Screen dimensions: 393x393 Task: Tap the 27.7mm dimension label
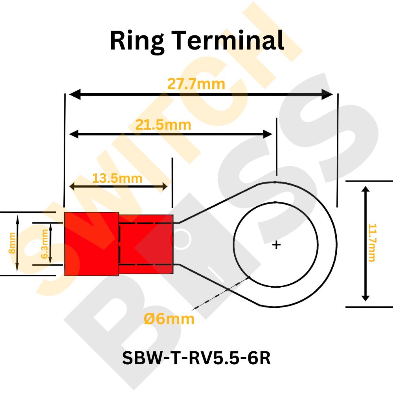click(x=196, y=84)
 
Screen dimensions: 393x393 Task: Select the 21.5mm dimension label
click(x=163, y=125)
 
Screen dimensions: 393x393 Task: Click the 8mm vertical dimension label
click(x=12, y=243)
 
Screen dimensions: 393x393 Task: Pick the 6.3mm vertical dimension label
click(x=44, y=244)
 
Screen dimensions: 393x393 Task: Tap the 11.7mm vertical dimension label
click(x=372, y=242)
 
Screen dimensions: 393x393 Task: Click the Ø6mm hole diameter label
click(x=169, y=319)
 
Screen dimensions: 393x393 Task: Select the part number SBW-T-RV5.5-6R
click(x=196, y=358)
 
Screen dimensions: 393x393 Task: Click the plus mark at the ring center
click(x=277, y=245)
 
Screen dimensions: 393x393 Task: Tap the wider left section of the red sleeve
click(x=92, y=244)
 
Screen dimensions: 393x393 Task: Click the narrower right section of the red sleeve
click(x=146, y=244)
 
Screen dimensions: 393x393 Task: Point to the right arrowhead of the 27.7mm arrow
click(x=328, y=94)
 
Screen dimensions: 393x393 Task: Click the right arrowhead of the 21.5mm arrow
click(x=268, y=134)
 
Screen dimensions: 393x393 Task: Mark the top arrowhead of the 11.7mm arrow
click(x=366, y=190)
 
